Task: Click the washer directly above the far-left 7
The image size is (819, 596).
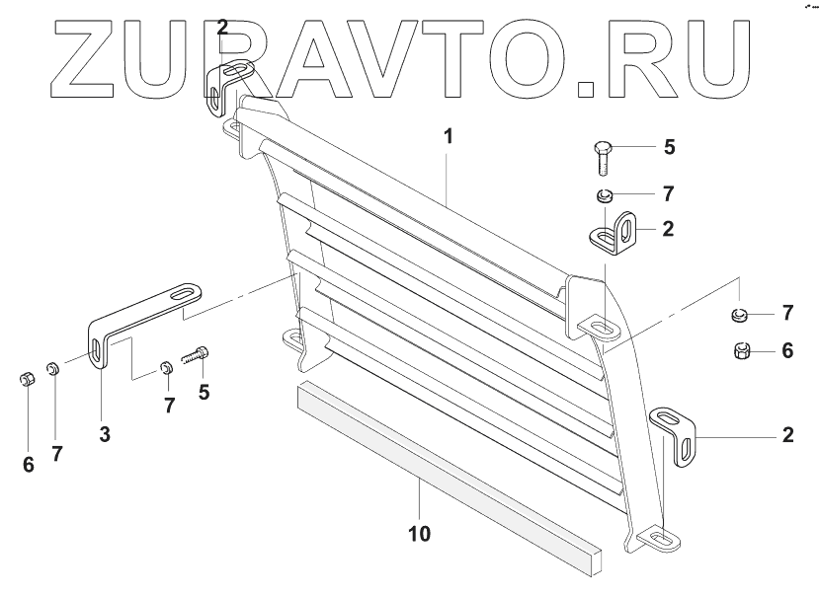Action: (56, 372)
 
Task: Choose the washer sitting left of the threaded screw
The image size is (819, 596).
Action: (166, 371)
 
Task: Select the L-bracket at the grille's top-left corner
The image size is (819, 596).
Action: (230, 85)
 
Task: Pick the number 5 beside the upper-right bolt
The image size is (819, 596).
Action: (669, 148)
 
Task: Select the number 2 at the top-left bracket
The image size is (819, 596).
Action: (222, 28)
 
